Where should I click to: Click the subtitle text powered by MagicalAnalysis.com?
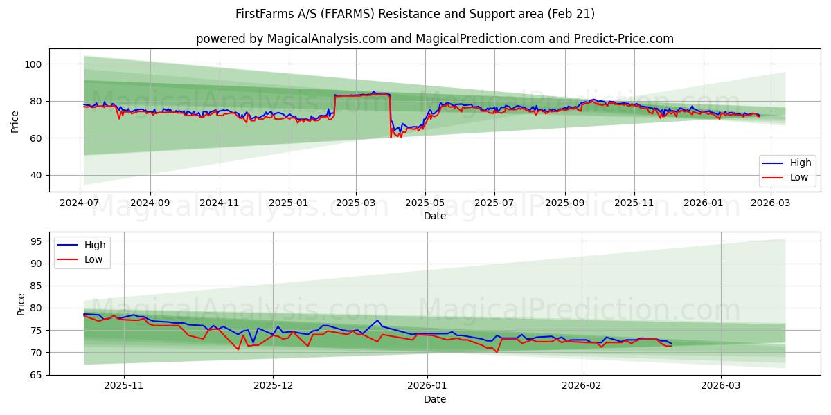pos(434,39)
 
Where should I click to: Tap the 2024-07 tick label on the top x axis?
pos(80,203)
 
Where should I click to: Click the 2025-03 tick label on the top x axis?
pos(356,203)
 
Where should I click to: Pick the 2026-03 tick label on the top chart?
pos(771,203)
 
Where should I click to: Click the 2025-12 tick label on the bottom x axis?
pos(273,386)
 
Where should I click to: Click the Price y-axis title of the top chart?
pos(15,120)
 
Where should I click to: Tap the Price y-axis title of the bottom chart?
pos(21,304)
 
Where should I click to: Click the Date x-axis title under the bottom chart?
pos(434,399)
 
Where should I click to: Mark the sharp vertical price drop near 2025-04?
pos(391,114)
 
